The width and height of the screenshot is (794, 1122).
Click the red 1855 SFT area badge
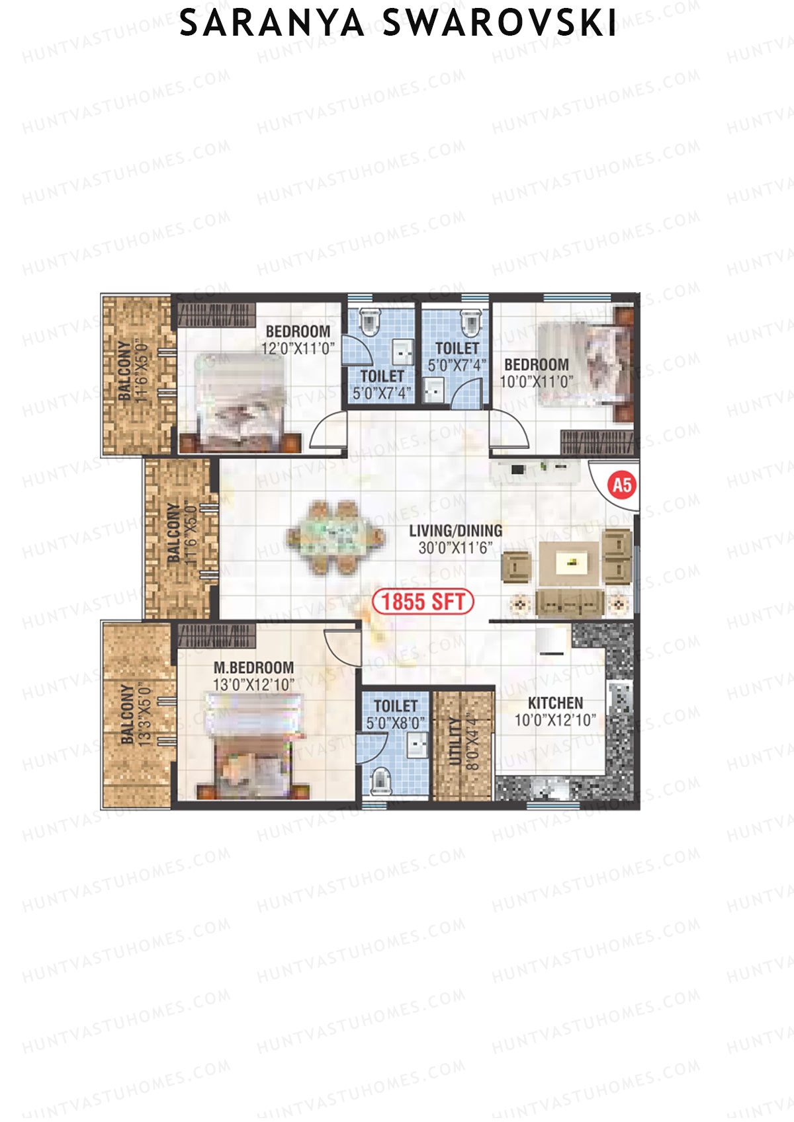[x=423, y=602]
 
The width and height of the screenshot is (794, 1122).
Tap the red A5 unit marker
[x=622, y=485]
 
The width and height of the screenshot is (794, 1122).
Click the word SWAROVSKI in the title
[x=500, y=24]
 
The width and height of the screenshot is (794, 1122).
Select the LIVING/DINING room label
[x=455, y=531]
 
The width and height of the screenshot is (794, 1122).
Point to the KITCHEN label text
[x=555, y=703]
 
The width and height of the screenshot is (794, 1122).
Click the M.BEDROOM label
[x=253, y=668]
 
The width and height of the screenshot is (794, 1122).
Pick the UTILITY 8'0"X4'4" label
[x=463, y=742]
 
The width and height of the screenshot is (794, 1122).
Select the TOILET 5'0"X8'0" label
[x=396, y=714]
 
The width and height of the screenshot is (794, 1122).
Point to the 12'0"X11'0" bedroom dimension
[x=298, y=348]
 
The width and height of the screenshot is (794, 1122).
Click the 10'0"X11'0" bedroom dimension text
[x=536, y=381]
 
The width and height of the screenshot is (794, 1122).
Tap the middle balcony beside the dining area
[x=180, y=539]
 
